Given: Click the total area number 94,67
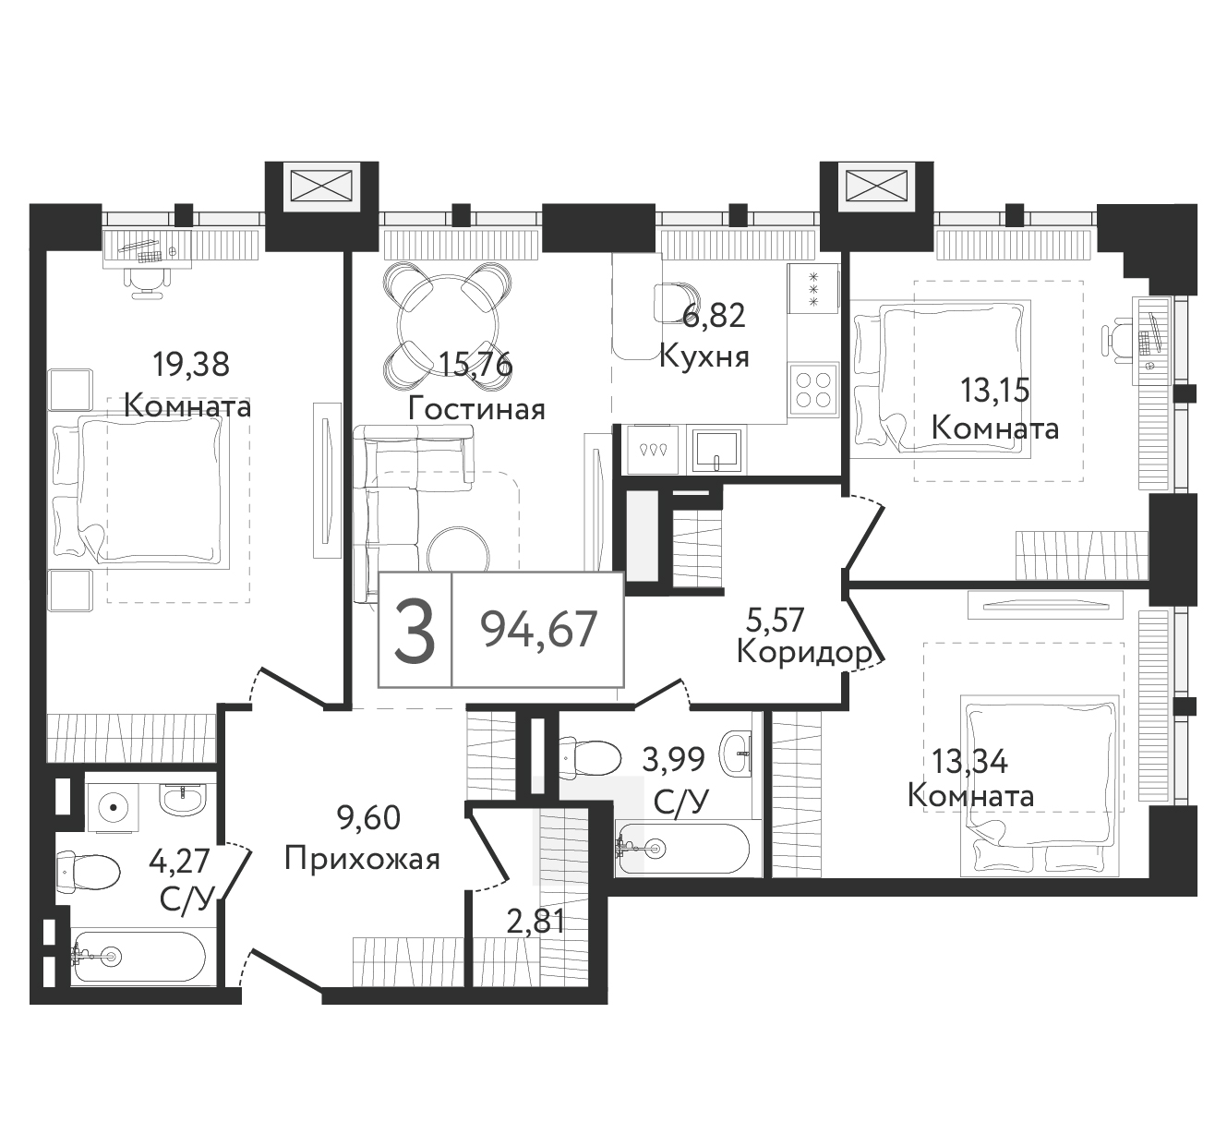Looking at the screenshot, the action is (539, 630).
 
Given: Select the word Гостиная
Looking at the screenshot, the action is (476, 409).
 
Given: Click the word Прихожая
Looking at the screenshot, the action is (363, 860).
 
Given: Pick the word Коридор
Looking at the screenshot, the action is (804, 654).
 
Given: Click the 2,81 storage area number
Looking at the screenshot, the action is (535, 923).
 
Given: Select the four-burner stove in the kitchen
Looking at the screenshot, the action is (813, 390).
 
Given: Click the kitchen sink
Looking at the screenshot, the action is (716, 452).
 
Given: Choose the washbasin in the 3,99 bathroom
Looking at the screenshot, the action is (736, 753).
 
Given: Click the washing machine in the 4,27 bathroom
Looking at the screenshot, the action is (113, 808).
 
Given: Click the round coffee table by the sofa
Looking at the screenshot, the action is (458, 552).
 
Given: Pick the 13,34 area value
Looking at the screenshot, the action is (969, 762).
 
